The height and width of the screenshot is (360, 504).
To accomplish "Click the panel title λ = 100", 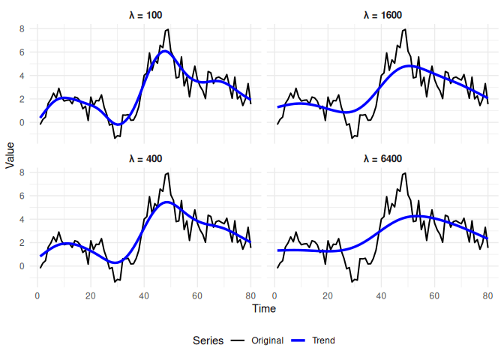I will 145,15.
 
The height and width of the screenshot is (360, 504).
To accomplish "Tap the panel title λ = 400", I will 145,159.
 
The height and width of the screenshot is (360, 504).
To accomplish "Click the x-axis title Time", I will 264,308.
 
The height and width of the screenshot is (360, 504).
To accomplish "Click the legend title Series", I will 208,340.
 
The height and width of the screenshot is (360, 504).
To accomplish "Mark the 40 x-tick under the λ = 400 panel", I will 144,295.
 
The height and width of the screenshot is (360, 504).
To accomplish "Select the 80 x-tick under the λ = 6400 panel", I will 487,295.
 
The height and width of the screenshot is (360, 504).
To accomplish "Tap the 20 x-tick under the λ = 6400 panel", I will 328,295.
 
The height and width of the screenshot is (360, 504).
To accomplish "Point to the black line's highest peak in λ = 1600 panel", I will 405,29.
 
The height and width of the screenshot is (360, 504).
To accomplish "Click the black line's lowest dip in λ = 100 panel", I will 115,138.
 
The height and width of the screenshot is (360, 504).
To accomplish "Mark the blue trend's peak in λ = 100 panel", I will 166,51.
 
